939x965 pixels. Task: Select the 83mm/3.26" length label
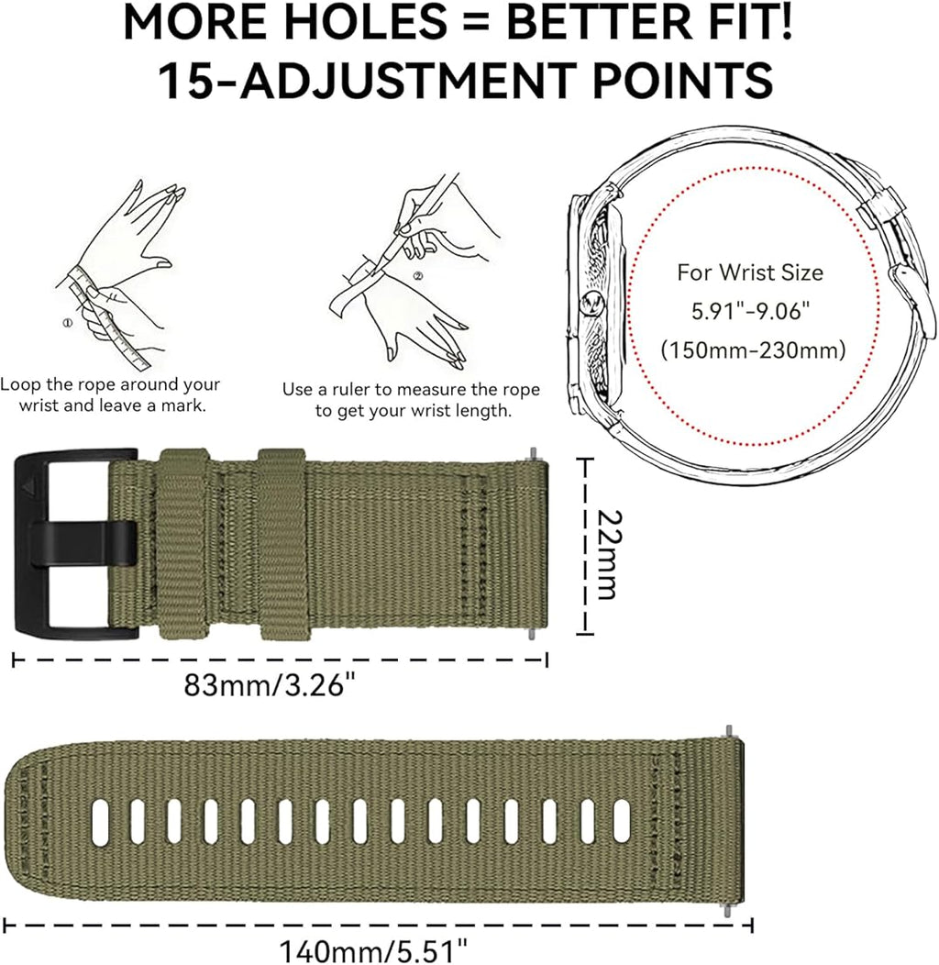(x=270, y=684)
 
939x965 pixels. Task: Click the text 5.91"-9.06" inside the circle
(x=750, y=311)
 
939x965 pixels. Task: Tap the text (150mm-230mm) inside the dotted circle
(x=753, y=350)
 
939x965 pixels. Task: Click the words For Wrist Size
(x=750, y=272)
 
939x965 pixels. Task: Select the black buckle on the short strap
(x=75, y=544)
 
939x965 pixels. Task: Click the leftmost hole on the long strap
(x=100, y=822)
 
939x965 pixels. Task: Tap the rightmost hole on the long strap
(x=622, y=822)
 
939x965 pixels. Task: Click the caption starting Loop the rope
(x=110, y=394)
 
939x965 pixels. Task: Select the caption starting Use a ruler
(x=411, y=400)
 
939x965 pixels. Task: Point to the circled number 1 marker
(x=68, y=323)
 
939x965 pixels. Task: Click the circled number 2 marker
(x=418, y=276)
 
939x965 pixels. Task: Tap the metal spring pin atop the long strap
(x=730, y=731)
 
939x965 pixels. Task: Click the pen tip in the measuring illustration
(x=378, y=269)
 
